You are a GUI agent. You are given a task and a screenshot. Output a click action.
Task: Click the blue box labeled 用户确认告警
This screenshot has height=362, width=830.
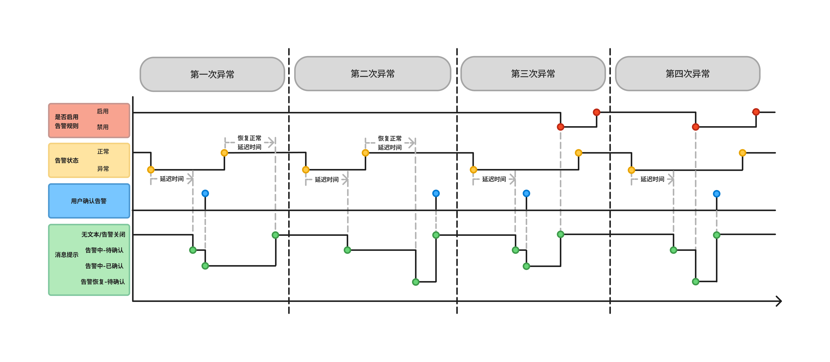coord(89,201)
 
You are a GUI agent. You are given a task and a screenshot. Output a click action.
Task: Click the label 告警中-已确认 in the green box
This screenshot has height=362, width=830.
coord(104,266)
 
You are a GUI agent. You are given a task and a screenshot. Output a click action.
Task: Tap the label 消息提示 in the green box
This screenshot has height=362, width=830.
coord(67,255)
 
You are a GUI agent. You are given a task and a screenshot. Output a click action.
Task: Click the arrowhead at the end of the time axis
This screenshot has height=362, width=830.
coord(779,301)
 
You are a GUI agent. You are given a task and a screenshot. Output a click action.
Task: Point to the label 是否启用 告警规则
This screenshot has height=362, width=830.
coord(67,121)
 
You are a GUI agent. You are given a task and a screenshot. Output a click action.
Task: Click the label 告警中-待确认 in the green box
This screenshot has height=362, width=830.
coord(104,250)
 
